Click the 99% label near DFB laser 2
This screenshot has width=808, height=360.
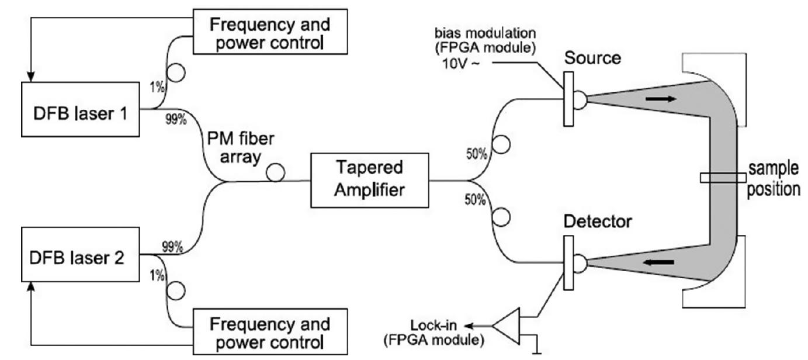(172, 247)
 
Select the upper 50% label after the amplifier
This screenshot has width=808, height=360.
(476, 155)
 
